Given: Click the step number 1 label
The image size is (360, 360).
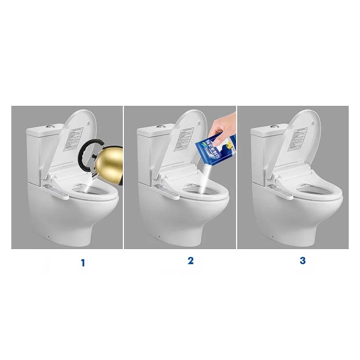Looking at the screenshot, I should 82,263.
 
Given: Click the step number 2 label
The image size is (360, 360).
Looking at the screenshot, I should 190,261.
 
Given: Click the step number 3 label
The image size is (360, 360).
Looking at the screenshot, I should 302,261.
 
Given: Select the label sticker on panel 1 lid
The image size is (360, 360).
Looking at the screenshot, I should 75,140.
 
